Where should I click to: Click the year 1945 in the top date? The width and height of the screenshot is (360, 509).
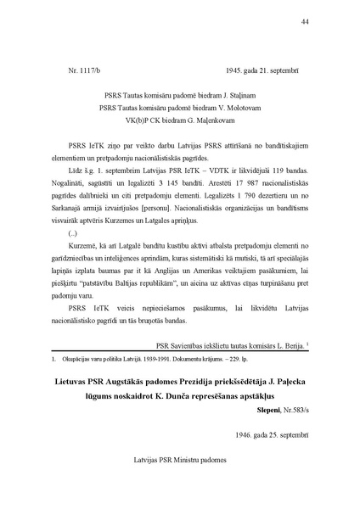pos(234,74)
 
